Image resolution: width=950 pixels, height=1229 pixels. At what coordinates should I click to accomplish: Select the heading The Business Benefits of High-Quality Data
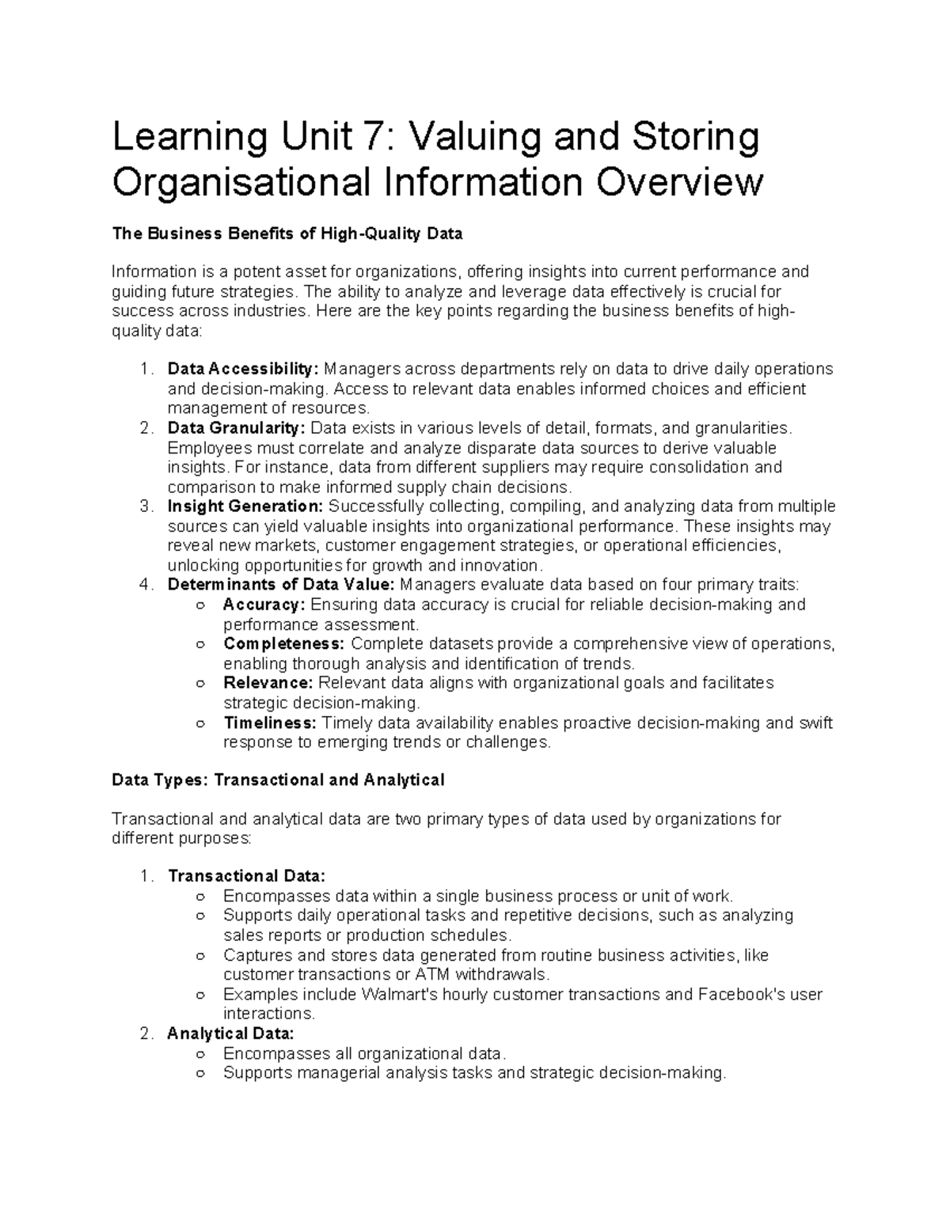[287, 233]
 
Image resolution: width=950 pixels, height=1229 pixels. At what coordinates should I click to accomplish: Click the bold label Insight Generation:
[245, 506]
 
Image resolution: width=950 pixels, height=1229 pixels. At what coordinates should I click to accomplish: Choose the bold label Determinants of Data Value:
[280, 585]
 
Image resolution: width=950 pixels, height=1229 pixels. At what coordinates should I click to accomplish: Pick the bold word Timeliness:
[270, 723]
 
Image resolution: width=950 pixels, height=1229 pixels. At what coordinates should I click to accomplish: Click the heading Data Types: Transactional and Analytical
[278, 780]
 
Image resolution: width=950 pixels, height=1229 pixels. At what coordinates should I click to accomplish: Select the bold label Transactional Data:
[246, 876]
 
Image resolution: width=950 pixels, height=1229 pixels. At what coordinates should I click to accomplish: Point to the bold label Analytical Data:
[230, 1034]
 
